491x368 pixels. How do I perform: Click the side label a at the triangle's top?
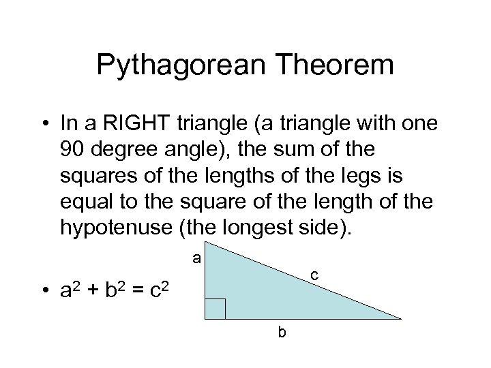point(196,258)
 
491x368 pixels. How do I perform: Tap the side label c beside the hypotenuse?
point(314,275)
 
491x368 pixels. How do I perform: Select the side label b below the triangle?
point(281,333)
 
